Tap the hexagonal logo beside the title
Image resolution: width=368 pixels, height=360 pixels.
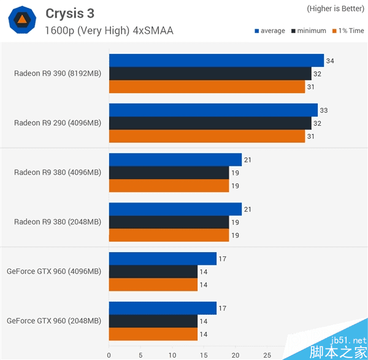click(21, 21)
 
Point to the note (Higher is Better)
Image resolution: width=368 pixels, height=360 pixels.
click(335, 9)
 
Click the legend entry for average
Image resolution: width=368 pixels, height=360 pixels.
click(269, 31)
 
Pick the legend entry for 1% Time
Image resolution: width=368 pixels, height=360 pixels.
click(348, 31)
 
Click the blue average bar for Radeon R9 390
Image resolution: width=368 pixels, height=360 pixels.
click(216, 60)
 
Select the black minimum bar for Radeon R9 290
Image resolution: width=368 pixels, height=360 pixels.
click(210, 123)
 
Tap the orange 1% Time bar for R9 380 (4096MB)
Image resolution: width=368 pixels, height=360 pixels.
click(169, 185)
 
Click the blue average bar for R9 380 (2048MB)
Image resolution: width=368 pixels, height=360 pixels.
click(175, 210)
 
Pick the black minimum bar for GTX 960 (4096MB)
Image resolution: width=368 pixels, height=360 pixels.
click(153, 272)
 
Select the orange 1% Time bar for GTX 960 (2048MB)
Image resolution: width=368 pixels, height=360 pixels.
click(153, 334)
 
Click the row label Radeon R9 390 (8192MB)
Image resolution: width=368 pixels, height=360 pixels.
click(58, 74)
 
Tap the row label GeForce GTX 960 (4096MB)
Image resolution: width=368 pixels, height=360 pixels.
click(54, 271)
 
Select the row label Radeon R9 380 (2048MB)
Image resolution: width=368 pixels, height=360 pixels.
click(58, 222)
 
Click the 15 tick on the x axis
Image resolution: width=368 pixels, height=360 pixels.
click(204, 354)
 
